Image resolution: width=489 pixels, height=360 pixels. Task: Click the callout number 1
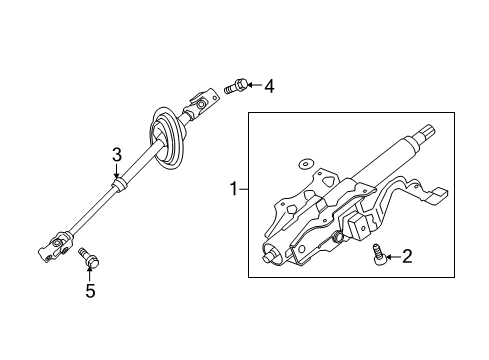tap(234, 188)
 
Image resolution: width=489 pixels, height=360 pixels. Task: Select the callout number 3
tap(117, 154)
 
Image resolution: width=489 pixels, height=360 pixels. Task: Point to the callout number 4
tap(268, 87)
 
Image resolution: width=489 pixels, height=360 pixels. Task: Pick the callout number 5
tap(90, 292)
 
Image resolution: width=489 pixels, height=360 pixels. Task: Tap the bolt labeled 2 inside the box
tap(378, 254)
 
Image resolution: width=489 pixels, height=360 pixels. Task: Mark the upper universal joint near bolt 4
tap(203, 102)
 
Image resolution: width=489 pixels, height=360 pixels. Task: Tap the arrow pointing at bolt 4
tap(254, 87)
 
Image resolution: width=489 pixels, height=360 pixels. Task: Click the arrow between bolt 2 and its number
tap(391, 257)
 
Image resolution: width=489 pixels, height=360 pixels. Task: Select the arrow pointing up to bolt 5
tap(89, 276)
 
